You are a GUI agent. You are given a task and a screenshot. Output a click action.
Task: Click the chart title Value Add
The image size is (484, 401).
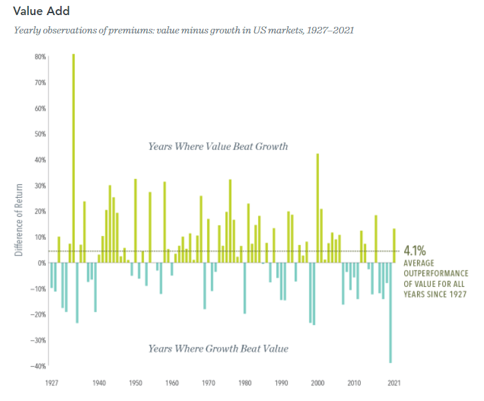coord(41,12)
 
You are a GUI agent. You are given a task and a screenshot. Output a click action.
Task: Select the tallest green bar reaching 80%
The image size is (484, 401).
coord(73,157)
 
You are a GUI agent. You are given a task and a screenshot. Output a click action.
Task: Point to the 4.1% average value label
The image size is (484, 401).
coord(415,250)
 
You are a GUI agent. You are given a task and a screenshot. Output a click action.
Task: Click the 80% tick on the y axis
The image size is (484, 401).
coord(40,57)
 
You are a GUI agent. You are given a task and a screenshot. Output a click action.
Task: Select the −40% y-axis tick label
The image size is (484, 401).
coord(39,366)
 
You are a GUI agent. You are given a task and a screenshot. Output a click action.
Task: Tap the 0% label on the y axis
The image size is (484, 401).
coord(41,263)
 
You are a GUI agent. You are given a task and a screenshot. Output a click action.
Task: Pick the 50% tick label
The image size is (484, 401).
coord(40,134)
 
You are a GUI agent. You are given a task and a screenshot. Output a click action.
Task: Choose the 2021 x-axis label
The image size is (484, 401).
coord(394,382)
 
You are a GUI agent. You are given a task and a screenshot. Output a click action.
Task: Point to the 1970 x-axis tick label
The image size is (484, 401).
coord(208,382)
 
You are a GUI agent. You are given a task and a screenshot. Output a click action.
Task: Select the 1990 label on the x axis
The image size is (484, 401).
coord(282,382)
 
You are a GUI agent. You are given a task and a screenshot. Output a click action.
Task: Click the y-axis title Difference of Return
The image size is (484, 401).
coord(20,220)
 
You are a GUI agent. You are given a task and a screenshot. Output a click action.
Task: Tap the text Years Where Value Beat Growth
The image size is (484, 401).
coord(218,146)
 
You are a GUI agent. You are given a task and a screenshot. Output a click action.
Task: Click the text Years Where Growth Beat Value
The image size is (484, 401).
coord(218,348)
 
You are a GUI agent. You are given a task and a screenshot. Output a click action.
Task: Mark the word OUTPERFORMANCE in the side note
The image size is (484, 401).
coord(436,273)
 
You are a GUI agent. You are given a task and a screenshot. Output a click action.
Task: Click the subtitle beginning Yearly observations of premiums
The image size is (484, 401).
coord(184,31)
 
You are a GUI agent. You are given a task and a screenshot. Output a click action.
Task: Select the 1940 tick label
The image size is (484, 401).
coord(100,382)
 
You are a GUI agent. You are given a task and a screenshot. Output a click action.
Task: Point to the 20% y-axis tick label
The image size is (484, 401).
coord(40,211)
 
